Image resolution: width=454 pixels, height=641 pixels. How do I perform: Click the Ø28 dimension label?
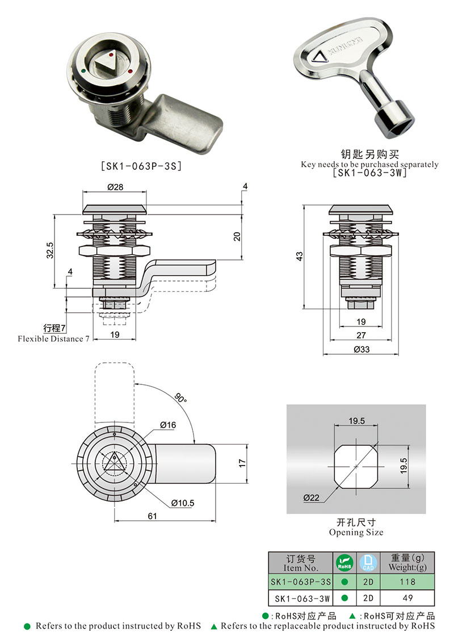pyautogui.click(x=115, y=187)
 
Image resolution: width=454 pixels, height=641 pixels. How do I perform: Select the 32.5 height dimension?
pyautogui.click(x=50, y=250)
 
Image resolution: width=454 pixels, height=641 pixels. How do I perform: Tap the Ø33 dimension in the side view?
pyautogui.click(x=361, y=350)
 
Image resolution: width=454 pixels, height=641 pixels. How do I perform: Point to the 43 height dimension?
pyautogui.click(x=300, y=256)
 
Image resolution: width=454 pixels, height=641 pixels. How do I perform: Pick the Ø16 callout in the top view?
pyautogui.click(x=168, y=425)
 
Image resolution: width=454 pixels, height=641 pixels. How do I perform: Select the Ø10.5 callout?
pyautogui.click(x=182, y=503)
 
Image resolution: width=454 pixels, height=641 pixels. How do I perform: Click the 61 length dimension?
pyautogui.click(x=152, y=516)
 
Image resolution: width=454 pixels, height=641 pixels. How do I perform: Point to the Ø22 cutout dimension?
pyautogui.click(x=312, y=497)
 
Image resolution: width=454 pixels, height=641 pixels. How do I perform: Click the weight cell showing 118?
pyautogui.click(x=407, y=582)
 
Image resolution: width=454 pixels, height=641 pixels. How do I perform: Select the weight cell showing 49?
pyautogui.click(x=407, y=598)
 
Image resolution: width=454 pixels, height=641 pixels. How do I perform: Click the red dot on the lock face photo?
pyautogui.click(x=131, y=72)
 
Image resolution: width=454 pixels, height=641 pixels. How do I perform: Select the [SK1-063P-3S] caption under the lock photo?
pyautogui.click(x=140, y=166)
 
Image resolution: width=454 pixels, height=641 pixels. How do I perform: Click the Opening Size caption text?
pyautogui.click(x=356, y=533)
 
